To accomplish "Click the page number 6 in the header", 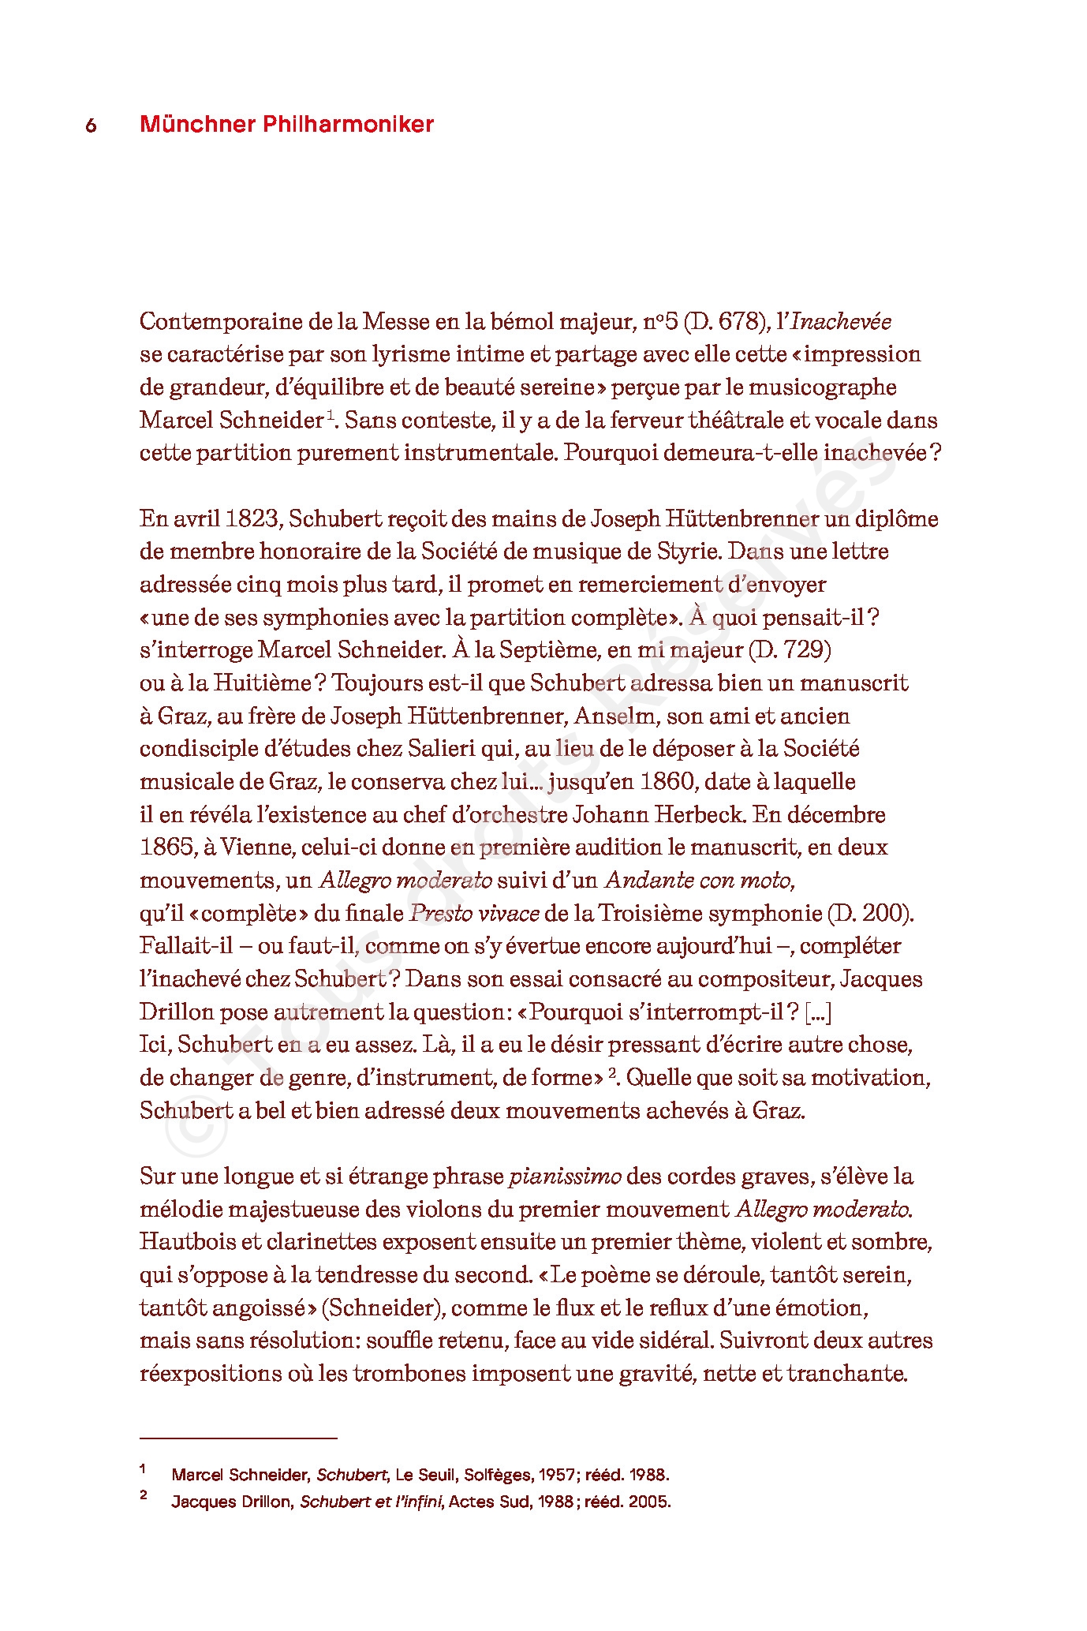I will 91,125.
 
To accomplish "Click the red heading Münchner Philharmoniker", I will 286,124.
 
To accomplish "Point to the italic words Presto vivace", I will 474,914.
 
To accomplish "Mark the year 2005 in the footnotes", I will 647,1502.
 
